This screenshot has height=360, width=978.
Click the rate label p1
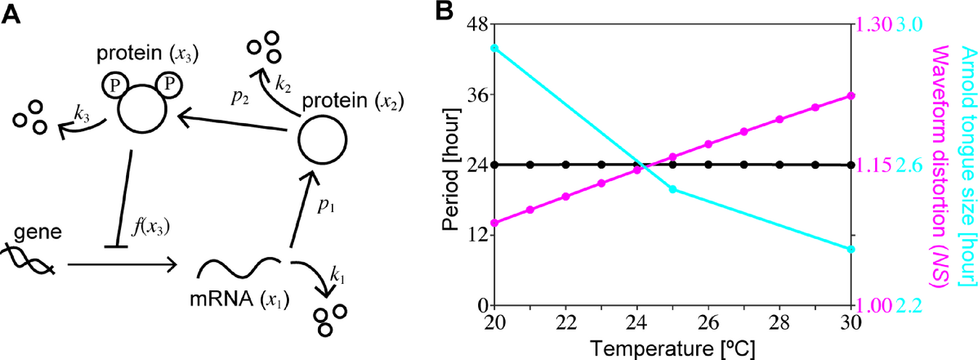tap(324, 206)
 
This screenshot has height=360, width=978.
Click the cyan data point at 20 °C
tap(495, 48)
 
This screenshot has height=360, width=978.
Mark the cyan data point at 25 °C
tap(673, 189)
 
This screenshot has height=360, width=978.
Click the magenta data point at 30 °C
tap(851, 96)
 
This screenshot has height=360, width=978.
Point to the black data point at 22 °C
tap(566, 164)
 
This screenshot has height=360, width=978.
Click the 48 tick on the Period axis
tap(476, 25)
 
